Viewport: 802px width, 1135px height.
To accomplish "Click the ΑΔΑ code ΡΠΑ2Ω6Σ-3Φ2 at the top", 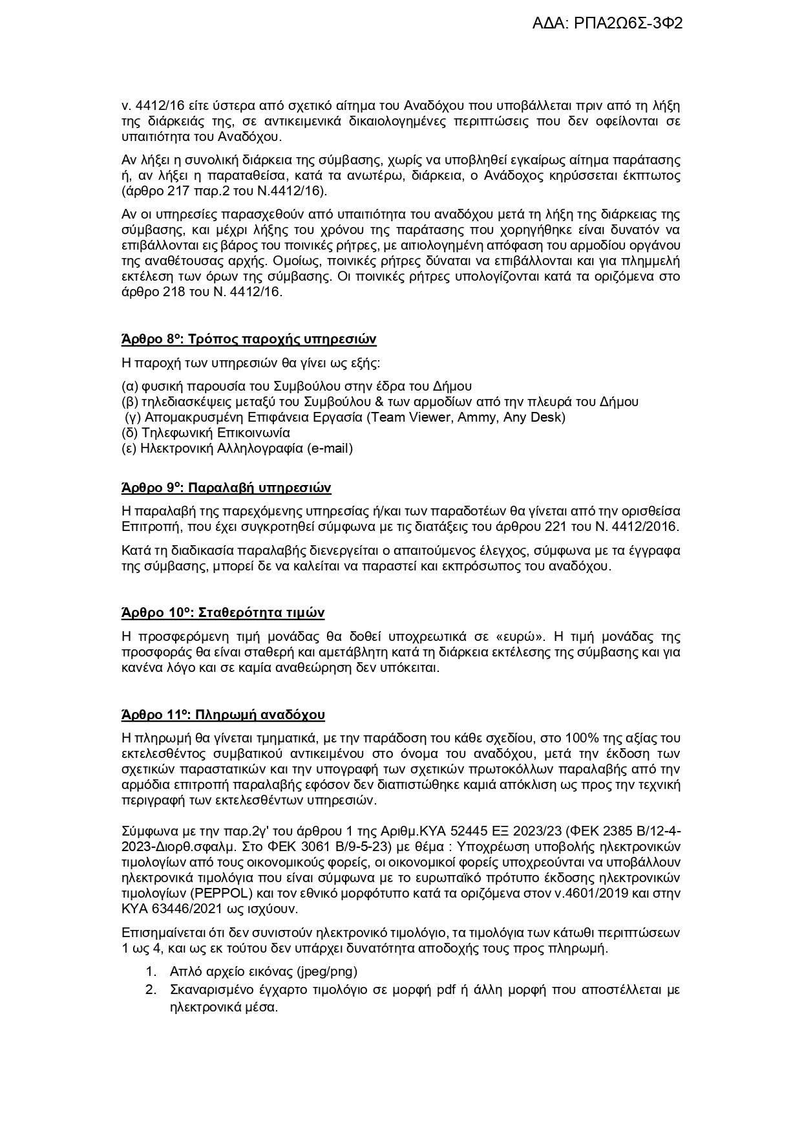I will click(x=607, y=23).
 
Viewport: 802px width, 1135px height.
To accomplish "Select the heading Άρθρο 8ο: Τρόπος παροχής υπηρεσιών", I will click(x=249, y=340).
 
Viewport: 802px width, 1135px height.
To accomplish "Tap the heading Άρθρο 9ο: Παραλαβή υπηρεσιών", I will click(x=226, y=488).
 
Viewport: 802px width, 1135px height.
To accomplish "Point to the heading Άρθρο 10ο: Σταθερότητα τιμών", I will click(x=223, y=612).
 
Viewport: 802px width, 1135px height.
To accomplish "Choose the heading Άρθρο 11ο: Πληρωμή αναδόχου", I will click(x=223, y=715).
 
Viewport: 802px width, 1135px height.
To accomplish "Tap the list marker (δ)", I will click(x=129, y=433).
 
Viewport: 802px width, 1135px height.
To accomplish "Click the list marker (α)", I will click(x=129, y=386).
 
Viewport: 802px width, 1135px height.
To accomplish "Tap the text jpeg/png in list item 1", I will click(x=326, y=971).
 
